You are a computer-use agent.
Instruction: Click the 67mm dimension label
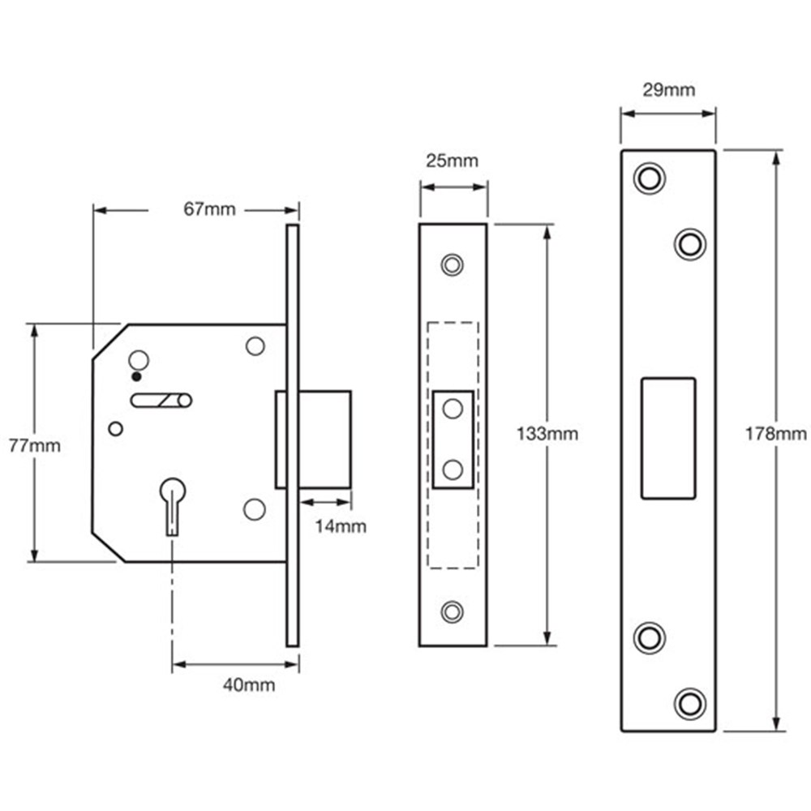pos(209,210)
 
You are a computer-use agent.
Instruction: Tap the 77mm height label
pos(34,445)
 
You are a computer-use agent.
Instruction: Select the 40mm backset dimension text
pos(249,685)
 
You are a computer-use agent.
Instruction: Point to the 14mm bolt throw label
pos(341,526)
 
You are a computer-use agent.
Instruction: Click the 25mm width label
pos(453,161)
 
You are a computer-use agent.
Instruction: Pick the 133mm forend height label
pos(547,434)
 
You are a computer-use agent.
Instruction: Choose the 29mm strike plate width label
pos(668,90)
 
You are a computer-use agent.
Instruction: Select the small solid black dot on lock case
pos(136,376)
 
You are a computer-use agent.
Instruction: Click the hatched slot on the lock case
pos(161,400)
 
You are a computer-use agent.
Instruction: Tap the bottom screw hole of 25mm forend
pos(453,611)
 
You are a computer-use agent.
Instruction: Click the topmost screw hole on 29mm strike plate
pos(650,178)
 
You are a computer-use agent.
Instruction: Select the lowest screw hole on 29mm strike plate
pos(690,702)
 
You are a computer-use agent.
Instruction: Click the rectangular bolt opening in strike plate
pos(668,438)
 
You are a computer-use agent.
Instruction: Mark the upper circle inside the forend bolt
pos(453,409)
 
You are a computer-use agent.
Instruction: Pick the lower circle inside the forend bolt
pos(453,469)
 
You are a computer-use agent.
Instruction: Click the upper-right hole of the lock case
pos(255,346)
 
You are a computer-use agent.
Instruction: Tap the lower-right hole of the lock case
pos(254,508)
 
